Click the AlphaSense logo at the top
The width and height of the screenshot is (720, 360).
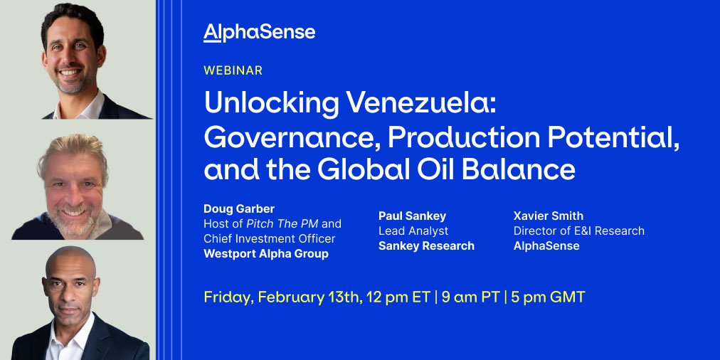click(x=260, y=33)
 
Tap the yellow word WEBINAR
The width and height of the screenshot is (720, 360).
click(x=233, y=70)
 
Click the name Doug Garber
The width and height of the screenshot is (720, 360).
click(x=239, y=209)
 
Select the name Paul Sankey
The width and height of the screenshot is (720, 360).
click(x=413, y=216)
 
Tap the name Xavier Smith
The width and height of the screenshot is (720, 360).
click(x=549, y=216)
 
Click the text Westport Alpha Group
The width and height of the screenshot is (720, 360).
click(x=266, y=254)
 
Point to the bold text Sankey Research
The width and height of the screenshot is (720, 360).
click(x=427, y=245)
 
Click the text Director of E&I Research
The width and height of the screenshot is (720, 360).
click(x=579, y=231)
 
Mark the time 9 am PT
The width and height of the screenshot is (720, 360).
click(x=470, y=297)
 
